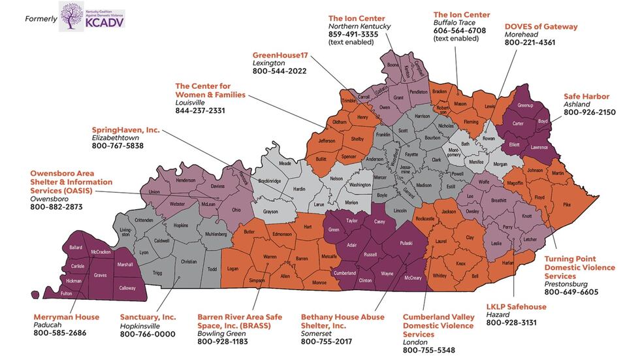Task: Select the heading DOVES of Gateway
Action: click(x=541, y=27)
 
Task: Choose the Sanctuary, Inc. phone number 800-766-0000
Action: click(x=148, y=334)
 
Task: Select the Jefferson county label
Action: click(x=331, y=140)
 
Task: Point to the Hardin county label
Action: click(x=298, y=189)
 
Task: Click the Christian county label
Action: click(x=188, y=261)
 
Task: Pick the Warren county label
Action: click(x=270, y=257)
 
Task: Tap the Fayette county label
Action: click(x=411, y=155)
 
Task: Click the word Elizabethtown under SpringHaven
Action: click(x=118, y=139)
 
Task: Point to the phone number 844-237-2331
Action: click(x=200, y=111)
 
